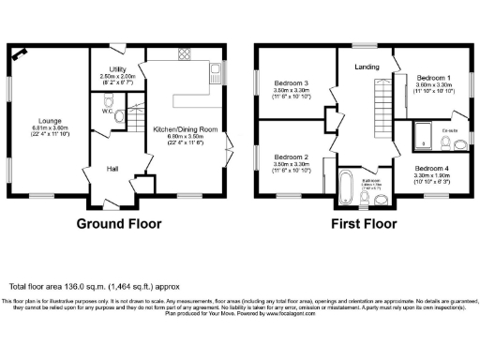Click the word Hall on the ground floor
coord(112,169)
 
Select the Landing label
coord(367,67)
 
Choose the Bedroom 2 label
coord(292,157)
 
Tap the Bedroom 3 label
coord(292,82)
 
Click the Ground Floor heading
coord(118,224)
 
